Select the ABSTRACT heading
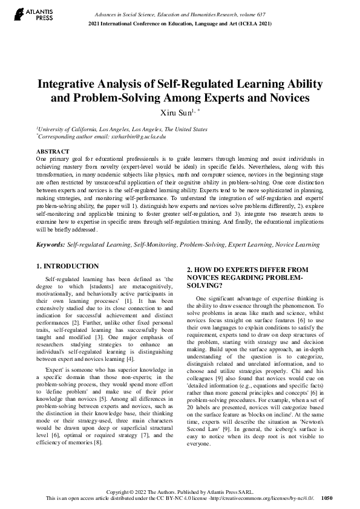[53, 151]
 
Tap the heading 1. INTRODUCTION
[67, 266]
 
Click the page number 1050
[327, 499]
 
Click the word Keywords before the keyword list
[50, 245]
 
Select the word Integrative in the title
[70, 84]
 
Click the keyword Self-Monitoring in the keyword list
[153, 245]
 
